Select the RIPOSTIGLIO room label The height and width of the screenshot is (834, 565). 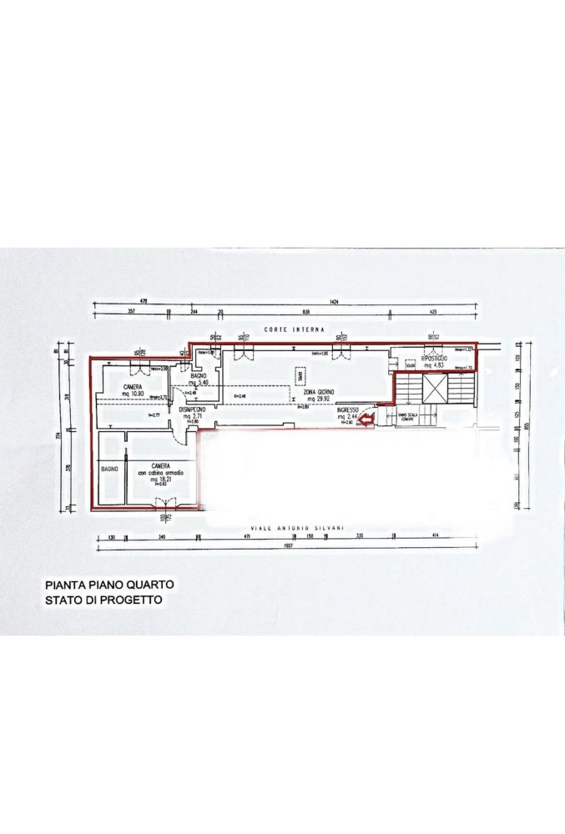(x=434, y=358)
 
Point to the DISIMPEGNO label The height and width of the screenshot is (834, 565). (x=194, y=409)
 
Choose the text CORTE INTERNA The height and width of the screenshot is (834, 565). (x=294, y=330)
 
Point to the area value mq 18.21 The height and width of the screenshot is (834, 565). (x=162, y=480)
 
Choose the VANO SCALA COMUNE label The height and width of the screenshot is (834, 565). (x=408, y=418)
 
